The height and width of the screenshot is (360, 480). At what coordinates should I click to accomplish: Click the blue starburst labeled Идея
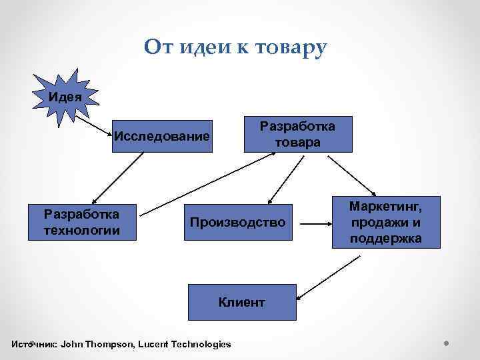coord(65,95)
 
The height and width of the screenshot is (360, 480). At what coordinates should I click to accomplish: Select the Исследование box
coord(162,137)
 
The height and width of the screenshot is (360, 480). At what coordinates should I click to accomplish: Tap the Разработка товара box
coord(298,135)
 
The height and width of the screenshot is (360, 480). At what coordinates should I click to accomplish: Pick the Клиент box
coord(242,302)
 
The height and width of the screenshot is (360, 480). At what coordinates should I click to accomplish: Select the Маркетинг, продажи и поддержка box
coord(386,221)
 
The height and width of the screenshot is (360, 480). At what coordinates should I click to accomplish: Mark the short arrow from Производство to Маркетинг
coord(313,222)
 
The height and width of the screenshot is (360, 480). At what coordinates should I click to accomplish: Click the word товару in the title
coord(291,47)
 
